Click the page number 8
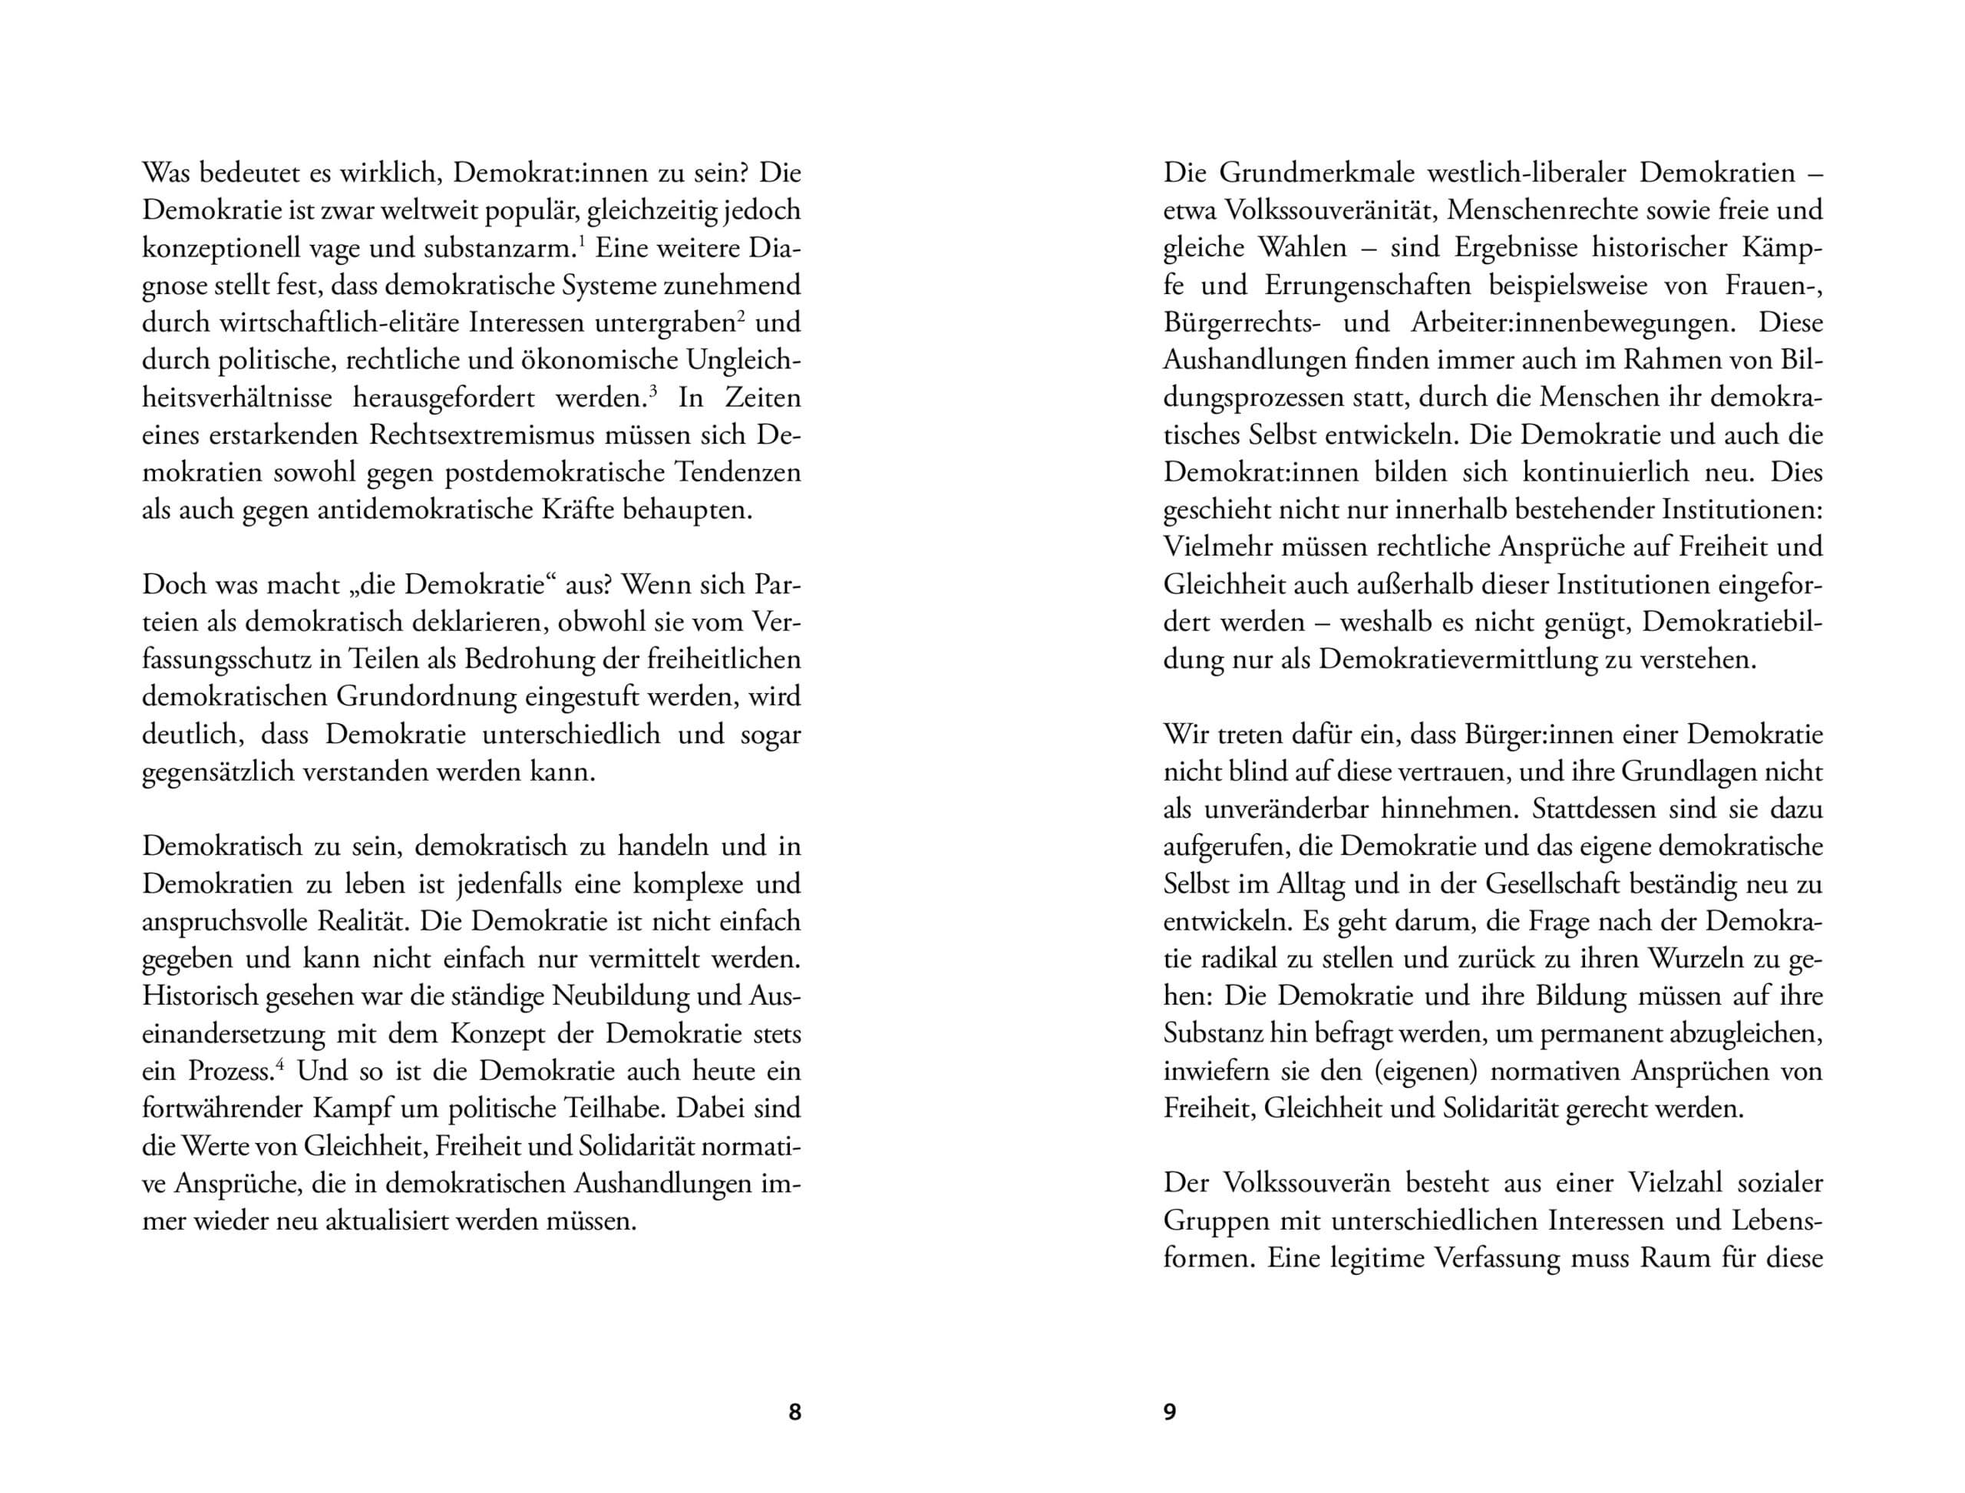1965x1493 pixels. click(x=794, y=1412)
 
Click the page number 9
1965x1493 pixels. click(x=1170, y=1412)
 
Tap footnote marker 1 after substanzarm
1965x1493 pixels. click(x=581, y=240)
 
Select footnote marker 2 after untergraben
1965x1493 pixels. click(x=741, y=315)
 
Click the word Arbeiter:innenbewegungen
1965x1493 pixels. click(x=1572, y=322)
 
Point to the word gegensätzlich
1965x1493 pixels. click(x=219, y=772)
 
